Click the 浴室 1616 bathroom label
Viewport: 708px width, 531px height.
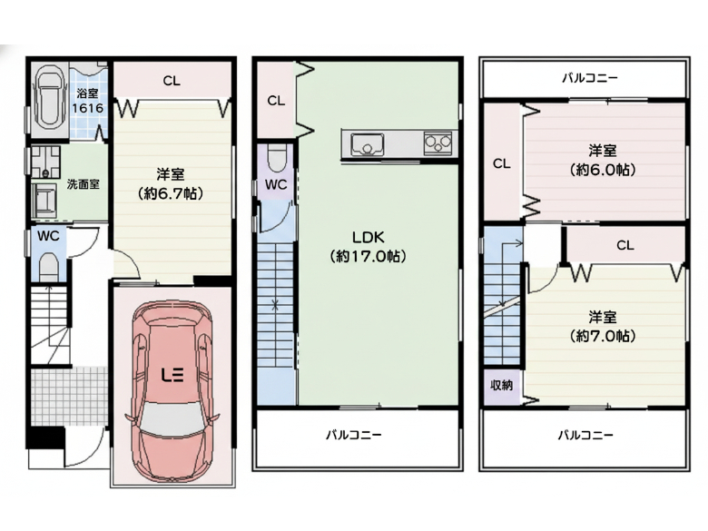coord(88,100)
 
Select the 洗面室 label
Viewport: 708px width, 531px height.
coord(83,183)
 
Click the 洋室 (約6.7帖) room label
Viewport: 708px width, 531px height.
coord(171,184)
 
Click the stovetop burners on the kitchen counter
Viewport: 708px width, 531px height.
coord(438,143)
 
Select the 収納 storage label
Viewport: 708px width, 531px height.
coord(502,385)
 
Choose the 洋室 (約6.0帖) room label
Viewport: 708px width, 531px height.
coord(603,160)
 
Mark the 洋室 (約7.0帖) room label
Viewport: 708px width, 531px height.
coord(603,326)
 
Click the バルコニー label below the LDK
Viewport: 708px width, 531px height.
coord(354,435)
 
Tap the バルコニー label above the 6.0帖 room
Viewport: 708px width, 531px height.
coord(590,78)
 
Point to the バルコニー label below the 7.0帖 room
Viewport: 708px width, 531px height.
coord(585,435)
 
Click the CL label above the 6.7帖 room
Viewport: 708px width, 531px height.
coord(172,81)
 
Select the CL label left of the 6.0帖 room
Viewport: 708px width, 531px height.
coord(501,163)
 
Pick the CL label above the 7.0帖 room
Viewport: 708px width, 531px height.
coord(624,245)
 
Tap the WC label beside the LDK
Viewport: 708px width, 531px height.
coord(276,184)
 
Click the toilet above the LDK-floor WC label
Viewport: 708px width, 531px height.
coord(275,156)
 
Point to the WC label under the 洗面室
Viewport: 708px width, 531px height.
coord(47,235)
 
